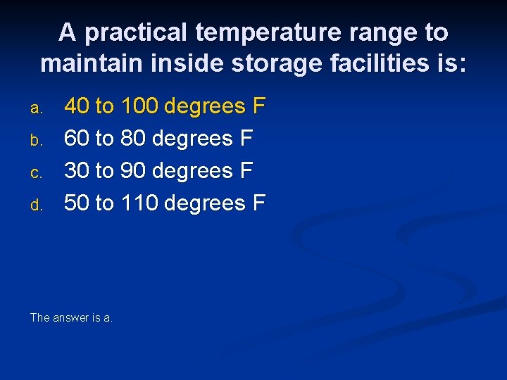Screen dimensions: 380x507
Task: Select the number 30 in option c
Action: pyautogui.click(x=76, y=171)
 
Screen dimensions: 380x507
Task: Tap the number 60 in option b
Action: pyautogui.click(x=76, y=139)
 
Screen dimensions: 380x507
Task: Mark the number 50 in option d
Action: pyautogui.click(x=76, y=203)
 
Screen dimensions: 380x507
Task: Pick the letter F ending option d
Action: pyautogui.click(x=259, y=203)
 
